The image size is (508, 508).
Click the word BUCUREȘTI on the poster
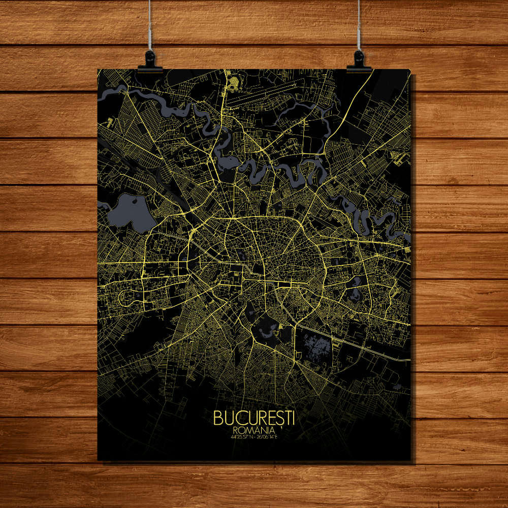point(254,418)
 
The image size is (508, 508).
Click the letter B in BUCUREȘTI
point(217,418)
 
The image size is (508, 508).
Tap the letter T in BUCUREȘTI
point(286,418)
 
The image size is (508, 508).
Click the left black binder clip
point(150,61)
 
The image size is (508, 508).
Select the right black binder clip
point(359,61)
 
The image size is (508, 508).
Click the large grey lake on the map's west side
point(131,211)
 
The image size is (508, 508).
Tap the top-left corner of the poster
point(98,70)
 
